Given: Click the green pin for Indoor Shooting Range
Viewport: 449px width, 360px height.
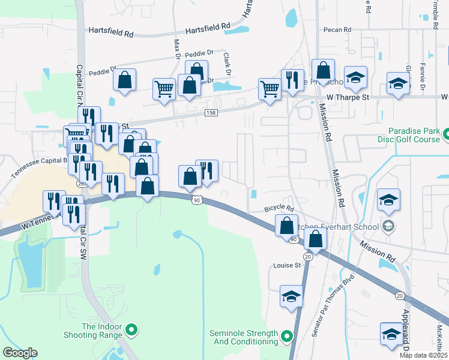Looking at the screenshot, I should point(133,329).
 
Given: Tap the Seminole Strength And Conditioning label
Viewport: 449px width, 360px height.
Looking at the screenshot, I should point(244,337).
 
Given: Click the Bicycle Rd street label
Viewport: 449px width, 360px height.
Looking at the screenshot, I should point(279,209).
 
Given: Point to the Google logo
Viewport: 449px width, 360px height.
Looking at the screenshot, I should point(20,353).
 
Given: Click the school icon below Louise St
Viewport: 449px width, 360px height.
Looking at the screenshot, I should point(291,297).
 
